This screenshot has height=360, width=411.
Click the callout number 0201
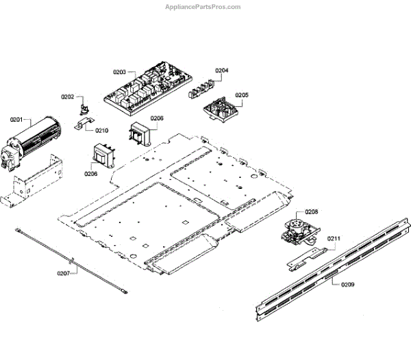16,120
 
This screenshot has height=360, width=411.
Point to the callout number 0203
119,73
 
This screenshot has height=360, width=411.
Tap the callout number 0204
222,70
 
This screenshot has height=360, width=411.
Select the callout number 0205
242,95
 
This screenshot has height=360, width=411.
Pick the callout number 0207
64,273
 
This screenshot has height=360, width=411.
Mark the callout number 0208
312,212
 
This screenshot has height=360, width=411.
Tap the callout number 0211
334,238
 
